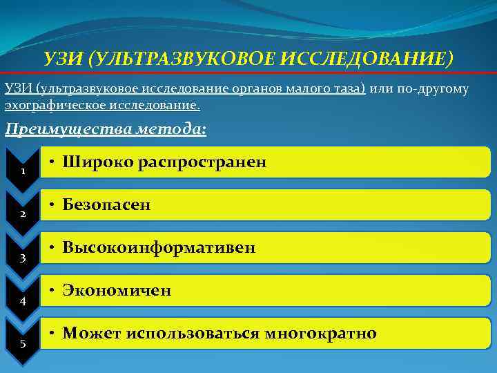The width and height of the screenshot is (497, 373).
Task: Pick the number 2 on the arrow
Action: (23, 214)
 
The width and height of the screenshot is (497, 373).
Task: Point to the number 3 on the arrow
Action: (23, 258)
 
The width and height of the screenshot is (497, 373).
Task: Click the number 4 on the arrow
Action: (23, 301)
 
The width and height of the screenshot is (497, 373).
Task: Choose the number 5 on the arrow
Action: (23, 345)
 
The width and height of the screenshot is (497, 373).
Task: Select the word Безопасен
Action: (106, 205)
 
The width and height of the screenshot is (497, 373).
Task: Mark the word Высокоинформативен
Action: (159, 247)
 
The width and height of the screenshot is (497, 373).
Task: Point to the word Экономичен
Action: (117, 291)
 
